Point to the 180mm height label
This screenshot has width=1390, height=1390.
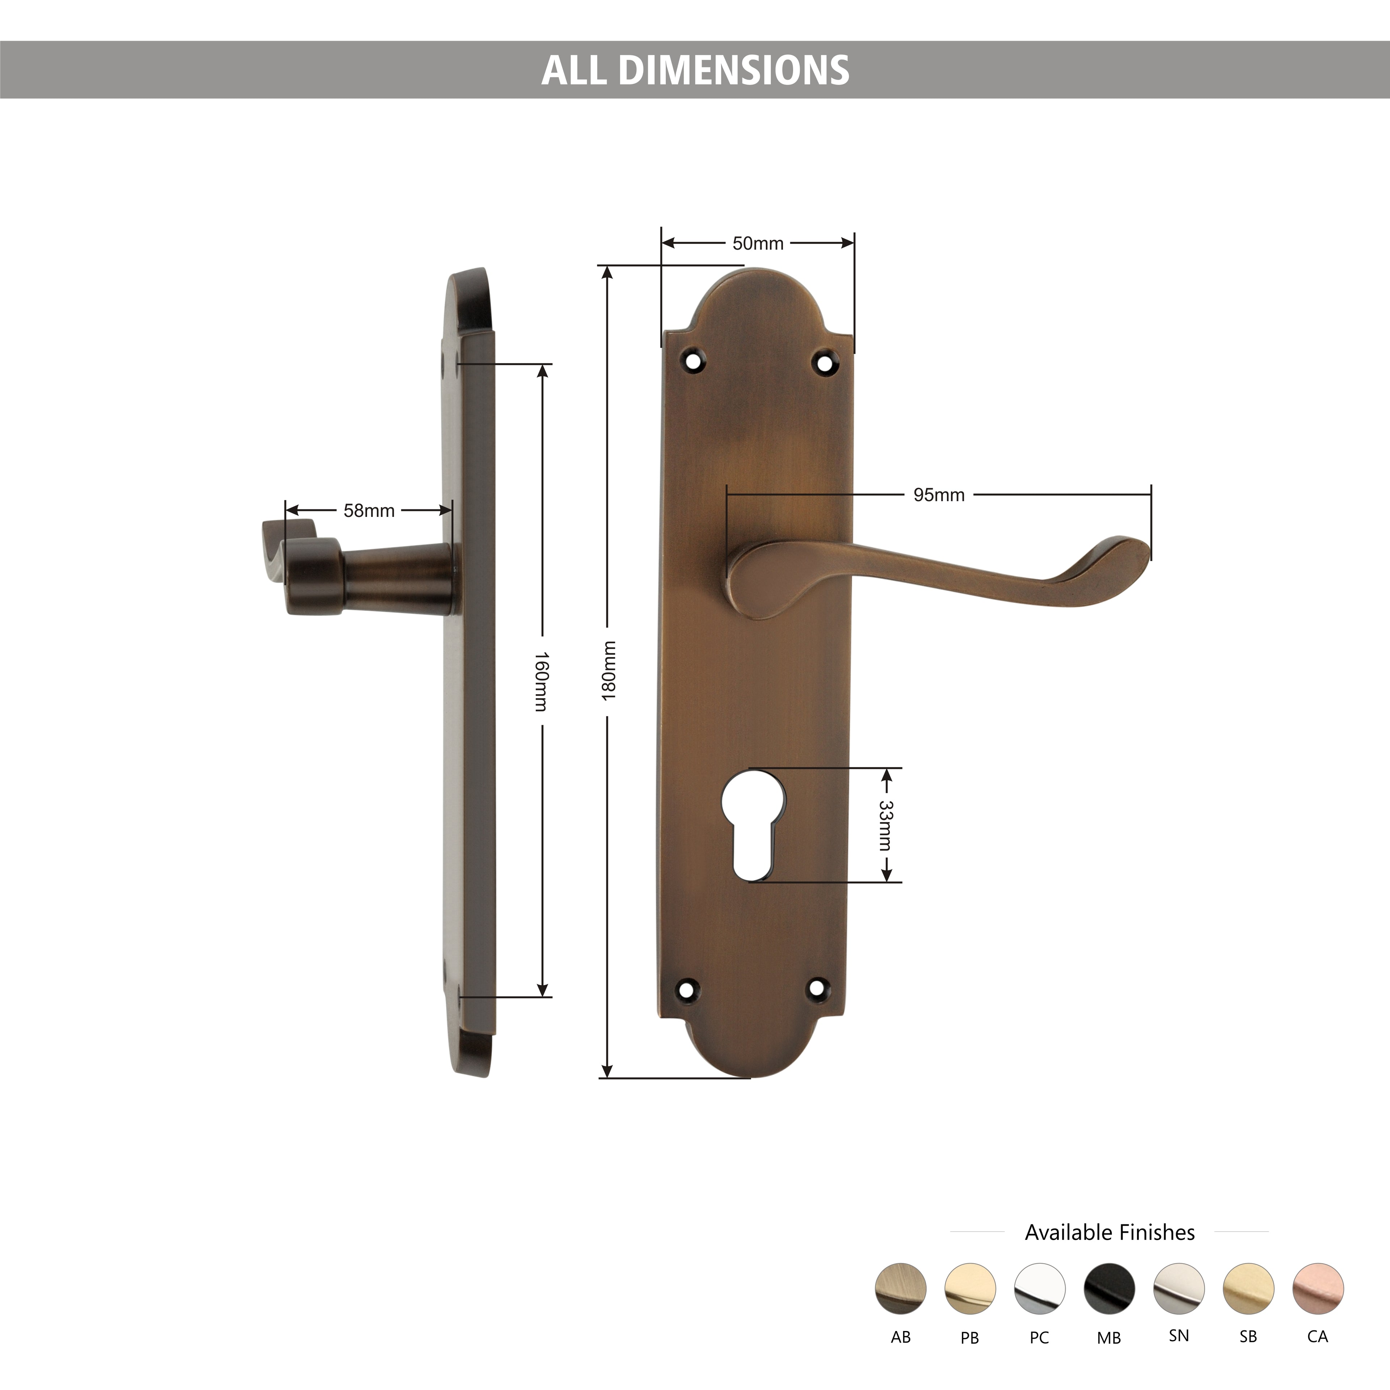click(x=608, y=670)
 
